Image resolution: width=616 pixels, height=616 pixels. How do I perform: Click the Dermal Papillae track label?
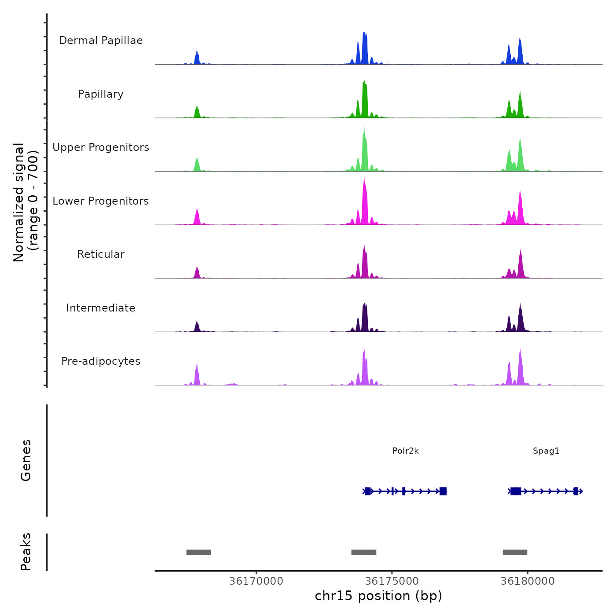pyautogui.click(x=101, y=40)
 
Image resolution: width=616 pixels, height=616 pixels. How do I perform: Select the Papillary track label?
pyautogui.click(x=101, y=94)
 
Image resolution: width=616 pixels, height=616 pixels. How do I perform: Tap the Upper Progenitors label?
pyautogui.click(x=101, y=147)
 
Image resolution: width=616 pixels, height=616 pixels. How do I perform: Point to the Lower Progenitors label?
pyautogui.click(x=101, y=201)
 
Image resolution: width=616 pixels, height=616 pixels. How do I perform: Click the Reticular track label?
pyautogui.click(x=101, y=254)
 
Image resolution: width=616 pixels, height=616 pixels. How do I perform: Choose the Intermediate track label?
pyautogui.click(x=101, y=308)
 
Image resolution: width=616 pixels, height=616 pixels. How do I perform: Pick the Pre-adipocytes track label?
pyautogui.click(x=101, y=361)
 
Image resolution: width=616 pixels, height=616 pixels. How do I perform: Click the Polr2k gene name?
pyautogui.click(x=405, y=451)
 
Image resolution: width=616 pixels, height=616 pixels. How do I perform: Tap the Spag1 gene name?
pyautogui.click(x=546, y=451)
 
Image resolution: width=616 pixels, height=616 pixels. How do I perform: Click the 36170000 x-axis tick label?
pyautogui.click(x=256, y=581)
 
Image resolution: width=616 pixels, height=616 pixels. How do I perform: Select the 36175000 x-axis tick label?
pyautogui.click(x=392, y=581)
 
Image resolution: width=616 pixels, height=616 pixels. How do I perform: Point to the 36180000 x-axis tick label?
pyautogui.click(x=528, y=581)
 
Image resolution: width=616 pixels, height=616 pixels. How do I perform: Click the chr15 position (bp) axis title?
pyautogui.click(x=378, y=596)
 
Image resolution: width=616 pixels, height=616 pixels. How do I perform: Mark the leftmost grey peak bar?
pyautogui.click(x=198, y=552)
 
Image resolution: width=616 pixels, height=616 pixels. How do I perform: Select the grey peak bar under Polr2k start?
pyautogui.click(x=363, y=552)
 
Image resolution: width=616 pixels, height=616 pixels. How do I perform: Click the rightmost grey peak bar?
pyautogui.click(x=515, y=552)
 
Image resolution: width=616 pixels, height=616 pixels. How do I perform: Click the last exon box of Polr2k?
pyautogui.click(x=443, y=491)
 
